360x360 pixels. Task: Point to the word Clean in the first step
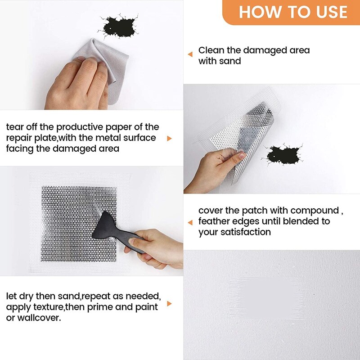coord(211,50)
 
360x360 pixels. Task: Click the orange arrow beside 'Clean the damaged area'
coord(190,54)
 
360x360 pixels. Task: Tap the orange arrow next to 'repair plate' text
coord(169,138)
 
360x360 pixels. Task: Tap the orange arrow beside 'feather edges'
coord(190,221)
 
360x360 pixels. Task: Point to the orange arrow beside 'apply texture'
coord(169,304)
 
